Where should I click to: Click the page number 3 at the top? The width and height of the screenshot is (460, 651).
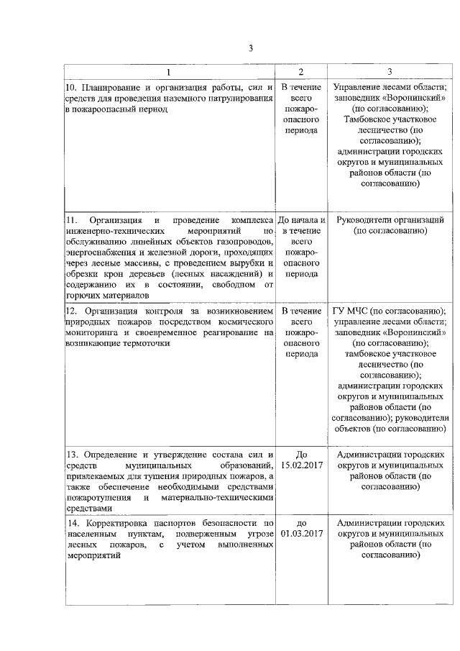pyautogui.click(x=250, y=48)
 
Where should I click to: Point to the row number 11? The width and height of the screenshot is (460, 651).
pyautogui.click(x=70, y=219)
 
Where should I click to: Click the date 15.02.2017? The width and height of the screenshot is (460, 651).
pyautogui.click(x=301, y=466)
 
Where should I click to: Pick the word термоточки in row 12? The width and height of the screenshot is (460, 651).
pyautogui.click(x=146, y=344)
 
